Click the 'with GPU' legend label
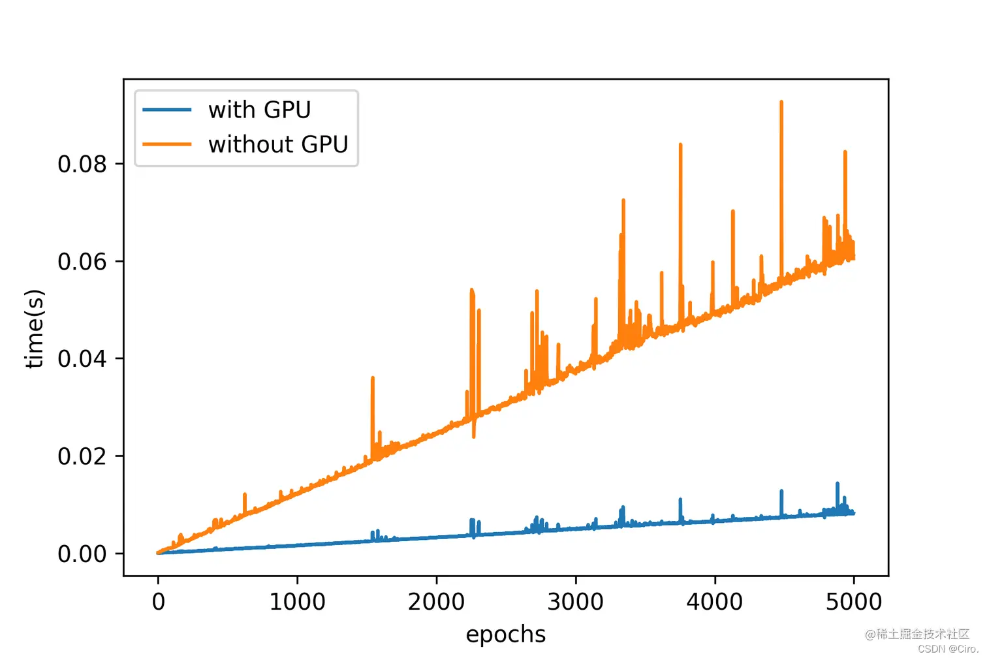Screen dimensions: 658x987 (x=259, y=110)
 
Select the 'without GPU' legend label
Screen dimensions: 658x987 (x=278, y=144)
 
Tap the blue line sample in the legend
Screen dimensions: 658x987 (x=167, y=110)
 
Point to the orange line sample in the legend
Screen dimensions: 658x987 (x=167, y=144)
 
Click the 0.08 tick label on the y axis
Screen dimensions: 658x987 (x=82, y=164)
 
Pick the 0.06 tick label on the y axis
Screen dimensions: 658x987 (x=82, y=261)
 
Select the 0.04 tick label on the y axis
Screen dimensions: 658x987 (x=82, y=358)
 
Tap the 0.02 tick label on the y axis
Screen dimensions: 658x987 (x=82, y=456)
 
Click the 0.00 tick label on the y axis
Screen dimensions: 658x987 (x=82, y=554)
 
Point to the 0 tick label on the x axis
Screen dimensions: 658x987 (x=158, y=601)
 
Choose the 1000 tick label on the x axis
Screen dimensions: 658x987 (x=297, y=601)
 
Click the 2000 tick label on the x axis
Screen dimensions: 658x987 (x=436, y=601)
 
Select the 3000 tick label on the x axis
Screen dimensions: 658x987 (x=575, y=601)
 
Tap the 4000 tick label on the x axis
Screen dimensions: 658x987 (x=714, y=601)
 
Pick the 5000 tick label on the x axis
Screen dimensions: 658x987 (x=853, y=601)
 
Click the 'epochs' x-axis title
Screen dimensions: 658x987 (x=505, y=634)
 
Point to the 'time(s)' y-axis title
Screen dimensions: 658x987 (x=34, y=329)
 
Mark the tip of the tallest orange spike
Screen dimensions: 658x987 (x=781, y=102)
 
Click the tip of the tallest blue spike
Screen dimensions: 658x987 (x=838, y=484)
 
